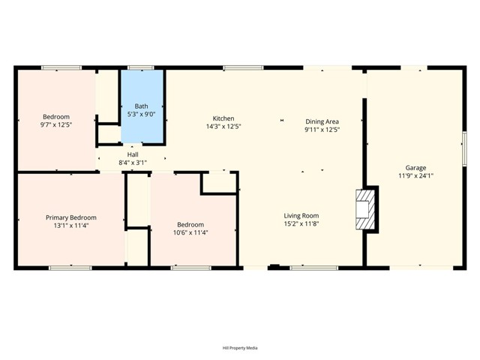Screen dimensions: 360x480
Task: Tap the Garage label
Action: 415,167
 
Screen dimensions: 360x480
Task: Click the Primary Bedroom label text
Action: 70,217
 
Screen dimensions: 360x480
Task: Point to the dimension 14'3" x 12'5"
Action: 223,127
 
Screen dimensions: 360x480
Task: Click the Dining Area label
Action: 322,121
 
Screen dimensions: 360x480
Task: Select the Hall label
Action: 132,154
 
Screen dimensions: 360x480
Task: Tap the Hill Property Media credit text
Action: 239,347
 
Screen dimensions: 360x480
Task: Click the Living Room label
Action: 301,215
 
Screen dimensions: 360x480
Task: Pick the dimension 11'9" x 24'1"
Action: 415,175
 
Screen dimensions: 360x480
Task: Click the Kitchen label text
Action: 223,118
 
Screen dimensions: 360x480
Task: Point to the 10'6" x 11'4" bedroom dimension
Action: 190,232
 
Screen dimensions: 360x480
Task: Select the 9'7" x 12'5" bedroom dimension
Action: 56,125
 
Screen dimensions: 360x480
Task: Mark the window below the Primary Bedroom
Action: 70,268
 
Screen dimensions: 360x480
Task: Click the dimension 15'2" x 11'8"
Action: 301,223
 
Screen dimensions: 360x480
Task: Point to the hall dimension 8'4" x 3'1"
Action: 132,162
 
